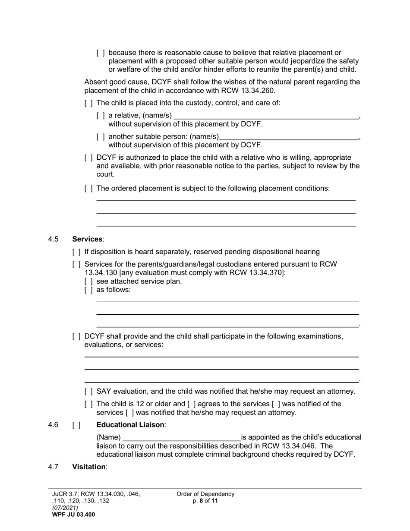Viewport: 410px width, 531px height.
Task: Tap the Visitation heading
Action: click(88, 467)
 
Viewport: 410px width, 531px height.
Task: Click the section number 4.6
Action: click(53, 425)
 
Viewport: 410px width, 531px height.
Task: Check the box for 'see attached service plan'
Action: click(88, 281)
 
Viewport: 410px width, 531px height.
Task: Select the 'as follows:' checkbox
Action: click(88, 290)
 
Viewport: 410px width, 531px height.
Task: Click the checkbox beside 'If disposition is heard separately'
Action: click(76, 252)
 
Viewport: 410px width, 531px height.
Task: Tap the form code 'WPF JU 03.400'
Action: click(73, 515)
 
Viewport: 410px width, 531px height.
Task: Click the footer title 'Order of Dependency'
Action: click(205, 494)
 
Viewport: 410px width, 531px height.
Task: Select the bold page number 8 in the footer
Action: click(201, 501)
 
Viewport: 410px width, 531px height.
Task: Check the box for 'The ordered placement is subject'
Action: click(88, 189)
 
